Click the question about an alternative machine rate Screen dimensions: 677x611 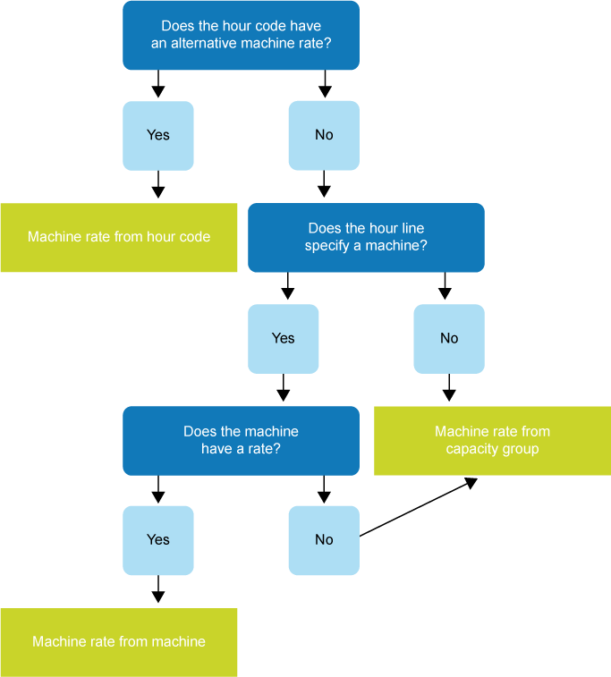coord(241,35)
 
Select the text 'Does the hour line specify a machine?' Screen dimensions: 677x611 coord(366,237)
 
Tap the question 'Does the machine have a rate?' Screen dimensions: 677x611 coord(241,440)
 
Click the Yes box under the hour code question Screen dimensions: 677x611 coord(158,135)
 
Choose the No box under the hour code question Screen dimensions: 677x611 coord(324,135)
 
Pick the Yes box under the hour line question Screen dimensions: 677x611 coord(284,338)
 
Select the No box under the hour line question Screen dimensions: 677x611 coord(449,338)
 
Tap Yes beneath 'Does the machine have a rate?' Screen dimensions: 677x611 coord(158,539)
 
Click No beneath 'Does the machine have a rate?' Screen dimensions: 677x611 coord(324,539)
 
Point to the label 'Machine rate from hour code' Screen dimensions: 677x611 coord(119,237)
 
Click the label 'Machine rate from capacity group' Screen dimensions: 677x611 coord(492,440)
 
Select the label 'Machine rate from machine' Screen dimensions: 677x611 coord(119,641)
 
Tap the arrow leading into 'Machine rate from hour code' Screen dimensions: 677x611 coord(158,186)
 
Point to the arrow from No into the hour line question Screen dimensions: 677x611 coord(324,186)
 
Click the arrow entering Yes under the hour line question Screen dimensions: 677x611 coord(287,287)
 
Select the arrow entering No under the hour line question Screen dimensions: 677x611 coord(445,287)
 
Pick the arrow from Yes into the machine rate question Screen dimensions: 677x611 coord(284,389)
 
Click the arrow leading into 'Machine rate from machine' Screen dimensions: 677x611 coord(158,591)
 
